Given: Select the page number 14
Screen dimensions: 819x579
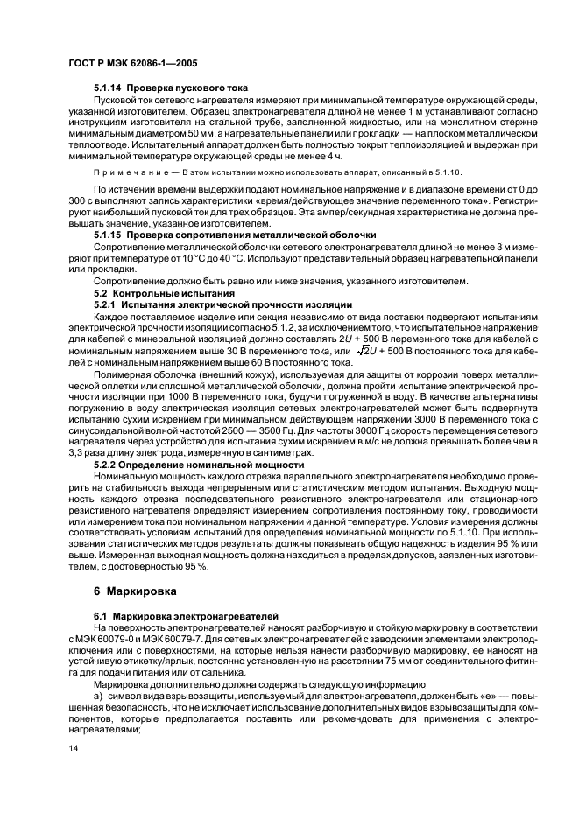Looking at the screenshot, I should [74, 749].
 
